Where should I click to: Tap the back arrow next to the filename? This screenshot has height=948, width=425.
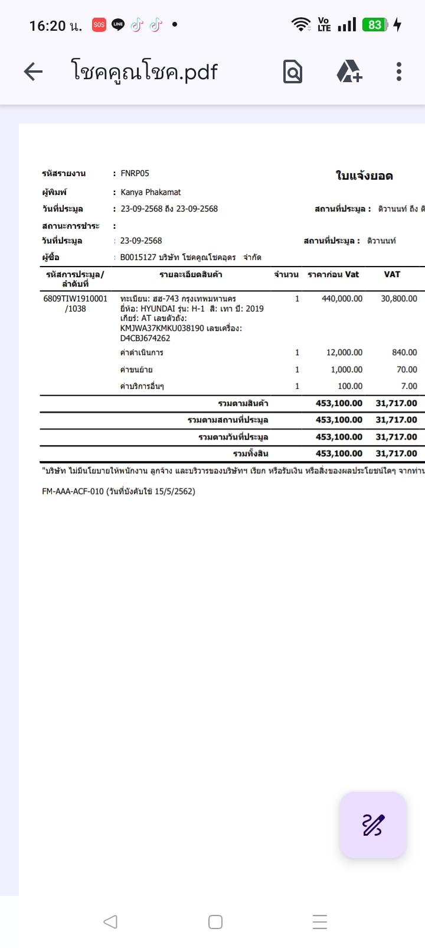point(33,72)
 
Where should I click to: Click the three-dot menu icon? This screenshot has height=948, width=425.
point(399,72)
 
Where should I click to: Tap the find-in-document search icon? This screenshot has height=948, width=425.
point(293,72)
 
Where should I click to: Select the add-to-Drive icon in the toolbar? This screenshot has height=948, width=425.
point(349,72)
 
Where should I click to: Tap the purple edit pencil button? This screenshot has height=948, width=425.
point(373,825)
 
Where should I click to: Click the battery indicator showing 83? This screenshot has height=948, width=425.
point(375,25)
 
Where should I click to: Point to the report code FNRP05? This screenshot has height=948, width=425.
point(135,173)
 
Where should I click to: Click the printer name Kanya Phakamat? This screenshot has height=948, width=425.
point(151,192)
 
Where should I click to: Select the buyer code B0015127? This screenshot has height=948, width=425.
point(138,257)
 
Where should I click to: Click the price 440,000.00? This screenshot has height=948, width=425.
point(342,298)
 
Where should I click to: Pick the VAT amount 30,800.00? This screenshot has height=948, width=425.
point(398,298)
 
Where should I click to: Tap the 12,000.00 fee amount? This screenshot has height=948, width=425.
point(344,352)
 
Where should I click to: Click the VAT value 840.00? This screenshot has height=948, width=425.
point(404,352)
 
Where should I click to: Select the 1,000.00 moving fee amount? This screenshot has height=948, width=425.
point(346,369)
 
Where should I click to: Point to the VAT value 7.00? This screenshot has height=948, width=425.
point(408,386)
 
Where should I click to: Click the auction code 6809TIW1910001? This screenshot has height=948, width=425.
point(76,298)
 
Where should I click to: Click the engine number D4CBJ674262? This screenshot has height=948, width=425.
point(145,338)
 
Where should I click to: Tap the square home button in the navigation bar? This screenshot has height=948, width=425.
point(215,922)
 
